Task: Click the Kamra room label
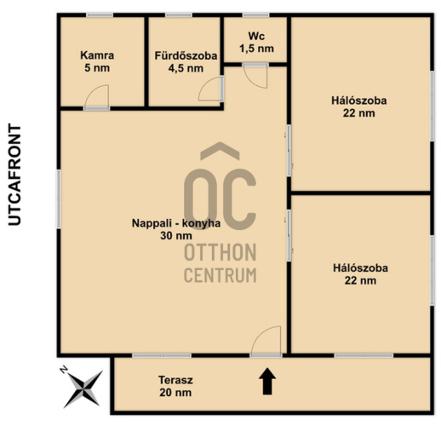coord(97,55)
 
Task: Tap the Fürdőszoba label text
coord(186,55)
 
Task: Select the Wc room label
coord(256,36)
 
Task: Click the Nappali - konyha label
coord(176,223)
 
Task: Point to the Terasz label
coord(175,380)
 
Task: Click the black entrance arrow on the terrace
coord(267,381)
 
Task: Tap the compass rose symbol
coord(83,389)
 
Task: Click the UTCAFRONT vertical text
coord(14,175)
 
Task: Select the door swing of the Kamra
coord(97,96)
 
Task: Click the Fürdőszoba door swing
coord(209,89)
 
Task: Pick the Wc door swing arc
coord(255,76)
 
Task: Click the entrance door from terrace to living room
coord(266,341)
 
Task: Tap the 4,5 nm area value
coord(186,68)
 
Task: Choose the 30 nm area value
coord(176,236)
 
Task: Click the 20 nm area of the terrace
coord(175,393)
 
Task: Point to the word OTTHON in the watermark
coord(220,252)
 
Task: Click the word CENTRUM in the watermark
coord(220,274)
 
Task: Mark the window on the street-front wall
coord(59,199)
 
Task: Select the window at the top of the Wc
coord(255,14)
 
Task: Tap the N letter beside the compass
coord(64,370)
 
